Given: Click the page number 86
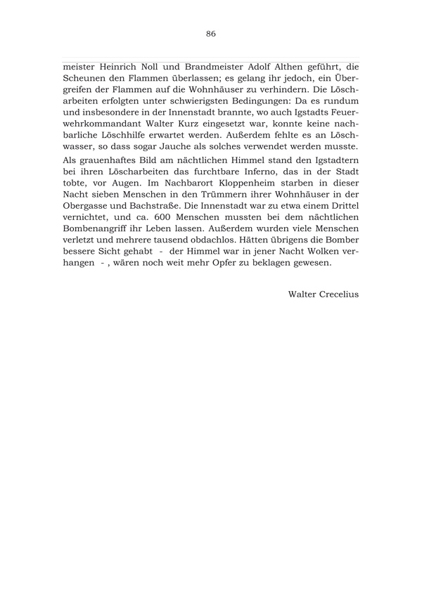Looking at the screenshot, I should click(211, 34).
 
